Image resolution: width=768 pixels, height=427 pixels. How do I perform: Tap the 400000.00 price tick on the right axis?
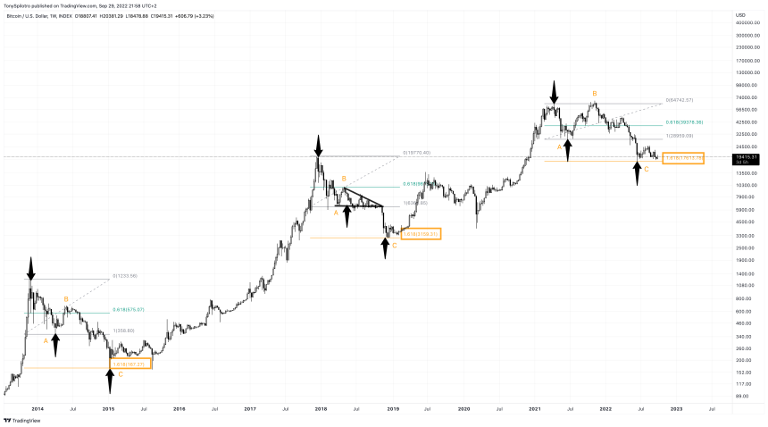[747, 22]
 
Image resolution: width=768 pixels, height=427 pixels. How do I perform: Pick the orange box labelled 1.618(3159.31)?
[420, 233]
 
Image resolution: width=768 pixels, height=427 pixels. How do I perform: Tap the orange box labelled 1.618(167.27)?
[130, 364]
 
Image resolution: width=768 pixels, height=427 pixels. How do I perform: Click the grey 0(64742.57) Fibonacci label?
[680, 99]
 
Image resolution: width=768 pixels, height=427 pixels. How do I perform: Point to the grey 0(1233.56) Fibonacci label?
[125, 275]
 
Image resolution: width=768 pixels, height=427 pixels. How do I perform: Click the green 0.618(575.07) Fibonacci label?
[129, 310]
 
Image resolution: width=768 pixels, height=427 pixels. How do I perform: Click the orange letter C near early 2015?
[121, 374]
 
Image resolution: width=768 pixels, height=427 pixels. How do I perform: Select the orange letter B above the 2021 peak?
[595, 93]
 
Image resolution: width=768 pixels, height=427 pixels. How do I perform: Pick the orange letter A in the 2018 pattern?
[336, 213]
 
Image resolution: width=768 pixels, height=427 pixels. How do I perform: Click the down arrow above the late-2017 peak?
[317, 145]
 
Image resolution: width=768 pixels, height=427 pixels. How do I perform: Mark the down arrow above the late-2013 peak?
[31, 270]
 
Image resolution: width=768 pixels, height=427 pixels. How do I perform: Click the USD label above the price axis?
[740, 15]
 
